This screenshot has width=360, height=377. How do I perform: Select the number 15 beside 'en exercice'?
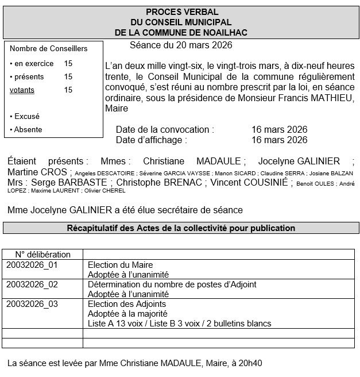tap(68, 64)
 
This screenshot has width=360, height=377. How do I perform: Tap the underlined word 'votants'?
tap(22, 90)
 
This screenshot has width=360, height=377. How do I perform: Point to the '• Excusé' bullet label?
tap(25, 117)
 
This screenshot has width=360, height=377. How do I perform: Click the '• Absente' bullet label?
tap(26, 130)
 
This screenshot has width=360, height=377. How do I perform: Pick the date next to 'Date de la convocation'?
tap(279, 129)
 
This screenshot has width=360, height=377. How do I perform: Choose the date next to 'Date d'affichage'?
tap(279, 140)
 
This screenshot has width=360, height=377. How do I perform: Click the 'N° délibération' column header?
tap(43, 255)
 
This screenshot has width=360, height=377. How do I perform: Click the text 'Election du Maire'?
tap(120, 265)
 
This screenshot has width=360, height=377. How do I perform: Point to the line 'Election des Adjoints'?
tap(127, 304)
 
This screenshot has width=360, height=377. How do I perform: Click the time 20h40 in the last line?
tap(251, 363)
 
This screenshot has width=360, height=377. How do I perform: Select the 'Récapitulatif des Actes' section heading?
tap(181, 228)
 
